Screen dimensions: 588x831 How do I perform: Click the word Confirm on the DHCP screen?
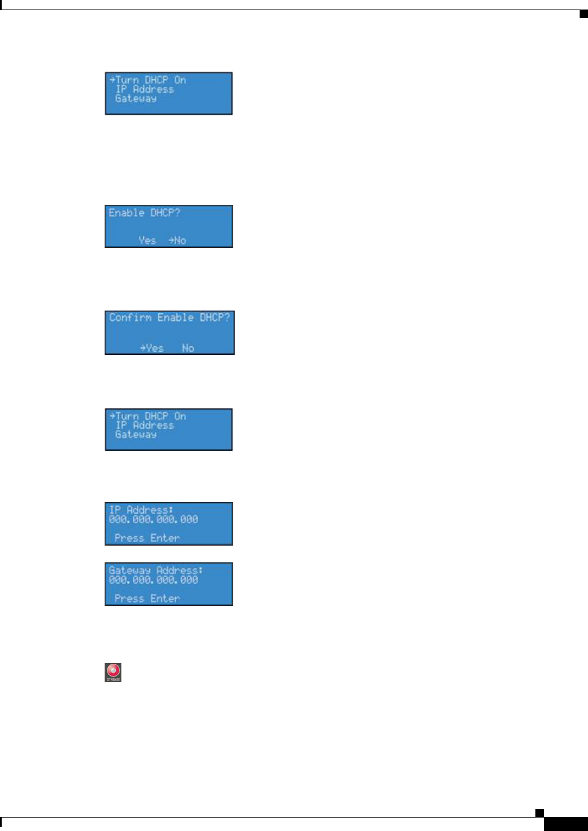(130, 317)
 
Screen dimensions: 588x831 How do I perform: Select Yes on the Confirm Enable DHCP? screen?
(154, 348)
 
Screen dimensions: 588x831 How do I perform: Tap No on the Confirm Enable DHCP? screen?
(188, 348)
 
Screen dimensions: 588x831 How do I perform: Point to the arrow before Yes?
(143, 348)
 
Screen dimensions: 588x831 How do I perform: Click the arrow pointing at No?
(171, 240)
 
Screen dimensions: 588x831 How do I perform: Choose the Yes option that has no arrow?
(147, 240)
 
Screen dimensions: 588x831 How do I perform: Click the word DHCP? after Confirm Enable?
(215, 317)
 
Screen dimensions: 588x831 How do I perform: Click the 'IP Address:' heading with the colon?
(142, 510)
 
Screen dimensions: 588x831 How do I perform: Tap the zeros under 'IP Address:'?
(153, 519)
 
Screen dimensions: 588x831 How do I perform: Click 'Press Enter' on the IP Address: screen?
(147, 538)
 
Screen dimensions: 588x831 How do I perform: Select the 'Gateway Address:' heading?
(156, 570)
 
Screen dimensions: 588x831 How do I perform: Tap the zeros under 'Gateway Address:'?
(153, 580)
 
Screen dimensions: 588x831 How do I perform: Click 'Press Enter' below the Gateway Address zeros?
(147, 598)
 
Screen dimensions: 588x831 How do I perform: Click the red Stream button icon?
(113, 671)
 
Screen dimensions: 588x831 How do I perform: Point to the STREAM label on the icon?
(113, 679)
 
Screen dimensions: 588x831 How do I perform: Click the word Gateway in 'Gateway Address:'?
(130, 570)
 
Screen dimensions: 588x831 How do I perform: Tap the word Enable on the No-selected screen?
(126, 213)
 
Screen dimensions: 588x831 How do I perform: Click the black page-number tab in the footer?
(565, 824)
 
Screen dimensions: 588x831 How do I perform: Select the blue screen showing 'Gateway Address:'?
(168, 584)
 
